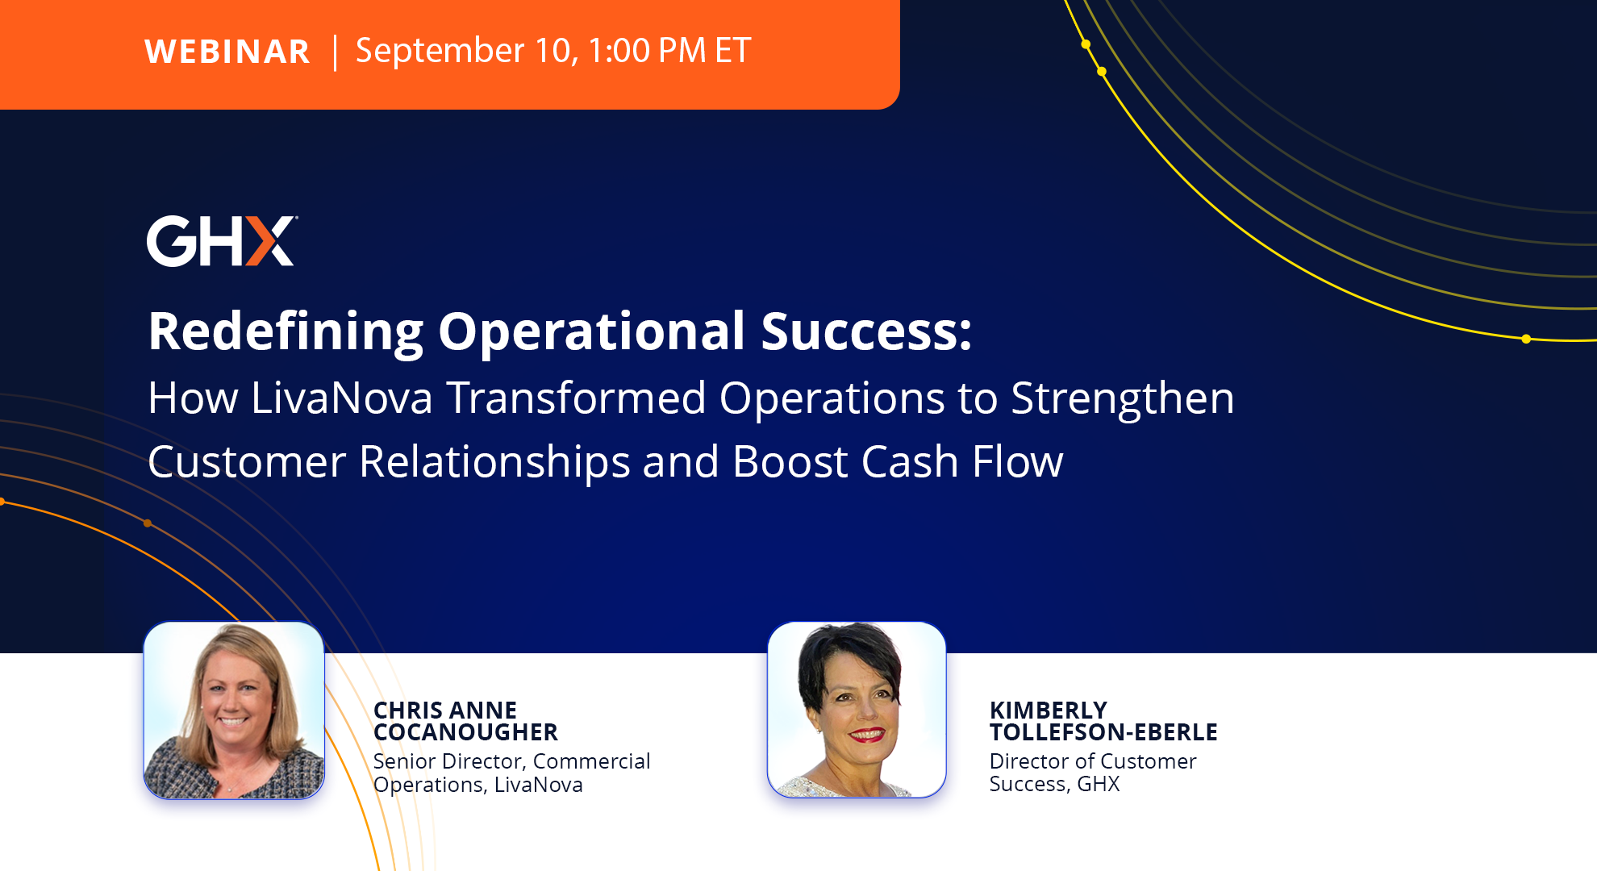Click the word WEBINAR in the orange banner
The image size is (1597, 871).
[227, 52]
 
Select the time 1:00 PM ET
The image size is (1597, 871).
[669, 51]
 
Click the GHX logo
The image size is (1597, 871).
[222, 240]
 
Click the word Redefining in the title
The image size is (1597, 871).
[286, 331]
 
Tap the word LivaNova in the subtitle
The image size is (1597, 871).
[342, 398]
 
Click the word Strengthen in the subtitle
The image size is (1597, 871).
[1122, 398]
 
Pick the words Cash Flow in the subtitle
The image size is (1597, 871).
[962, 461]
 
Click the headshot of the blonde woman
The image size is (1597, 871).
[234, 711]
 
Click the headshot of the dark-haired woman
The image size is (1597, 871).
[857, 710]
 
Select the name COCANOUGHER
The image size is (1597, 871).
[465, 732]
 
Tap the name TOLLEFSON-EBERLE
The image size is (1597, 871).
[1103, 732]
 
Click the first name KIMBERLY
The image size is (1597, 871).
[1049, 711]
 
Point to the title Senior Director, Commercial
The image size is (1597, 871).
[511, 761]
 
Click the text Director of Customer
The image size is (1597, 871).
[1093, 761]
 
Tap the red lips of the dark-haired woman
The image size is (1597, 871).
[867, 735]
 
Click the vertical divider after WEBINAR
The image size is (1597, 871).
[335, 52]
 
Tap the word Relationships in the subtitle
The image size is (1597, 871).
[494, 462]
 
